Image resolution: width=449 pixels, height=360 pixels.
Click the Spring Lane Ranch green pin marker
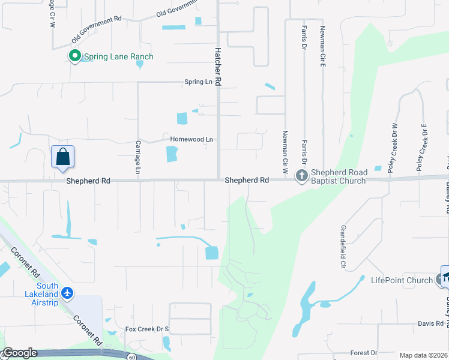pyautogui.click(x=75, y=57)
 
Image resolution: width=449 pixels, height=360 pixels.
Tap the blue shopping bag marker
pyautogui.click(x=63, y=158)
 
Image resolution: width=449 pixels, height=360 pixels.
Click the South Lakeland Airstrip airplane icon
pyautogui.click(x=67, y=293)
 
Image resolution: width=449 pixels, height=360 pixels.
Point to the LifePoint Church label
pyautogui.click(x=402, y=280)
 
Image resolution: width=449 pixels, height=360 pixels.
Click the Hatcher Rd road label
pyautogui.click(x=218, y=65)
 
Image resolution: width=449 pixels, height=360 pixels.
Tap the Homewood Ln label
pyautogui.click(x=191, y=139)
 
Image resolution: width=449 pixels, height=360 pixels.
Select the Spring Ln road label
pyautogui.click(x=199, y=82)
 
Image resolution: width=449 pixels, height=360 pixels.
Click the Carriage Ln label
pyautogui.click(x=138, y=158)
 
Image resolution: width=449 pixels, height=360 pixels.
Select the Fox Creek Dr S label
pyautogui.click(x=147, y=329)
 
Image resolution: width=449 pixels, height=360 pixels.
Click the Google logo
pyautogui.click(x=20, y=353)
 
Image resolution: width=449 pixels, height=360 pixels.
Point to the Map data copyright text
pyautogui.click(x=423, y=355)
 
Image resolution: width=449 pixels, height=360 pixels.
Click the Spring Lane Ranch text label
pyautogui.click(x=118, y=57)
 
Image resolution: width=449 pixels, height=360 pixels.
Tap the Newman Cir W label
pyautogui.click(x=285, y=149)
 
